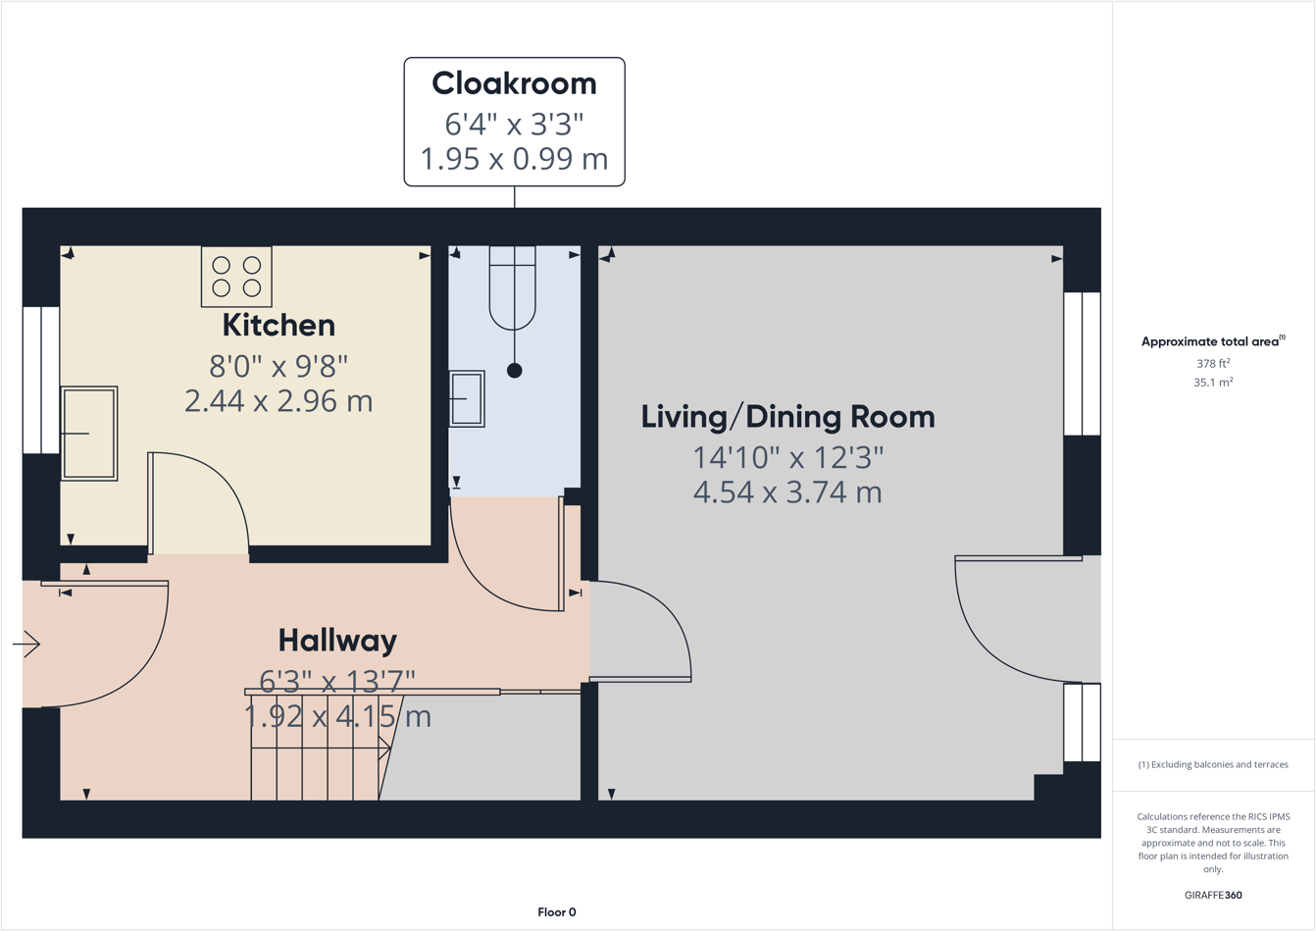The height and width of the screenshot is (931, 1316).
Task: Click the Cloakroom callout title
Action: (514, 84)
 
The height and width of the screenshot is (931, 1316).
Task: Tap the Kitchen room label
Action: (278, 325)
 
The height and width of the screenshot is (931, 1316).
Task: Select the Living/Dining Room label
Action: (787, 417)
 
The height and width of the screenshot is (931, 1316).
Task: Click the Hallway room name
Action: (337, 641)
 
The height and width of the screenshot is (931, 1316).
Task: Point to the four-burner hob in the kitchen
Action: (236, 277)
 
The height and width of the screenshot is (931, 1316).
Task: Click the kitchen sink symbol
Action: (89, 433)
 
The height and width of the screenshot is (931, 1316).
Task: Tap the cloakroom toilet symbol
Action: (513, 289)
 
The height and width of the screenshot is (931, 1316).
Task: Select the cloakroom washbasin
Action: (467, 398)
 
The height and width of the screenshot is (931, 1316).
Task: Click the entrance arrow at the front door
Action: (26, 645)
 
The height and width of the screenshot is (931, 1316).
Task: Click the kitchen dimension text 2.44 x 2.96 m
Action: (278, 401)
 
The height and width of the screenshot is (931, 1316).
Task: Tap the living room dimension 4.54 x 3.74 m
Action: (787, 492)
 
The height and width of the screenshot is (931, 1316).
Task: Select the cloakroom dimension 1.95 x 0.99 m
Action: (514, 159)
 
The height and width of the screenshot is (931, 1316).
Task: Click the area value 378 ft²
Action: (1213, 363)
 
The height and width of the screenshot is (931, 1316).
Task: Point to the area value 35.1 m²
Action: (1213, 383)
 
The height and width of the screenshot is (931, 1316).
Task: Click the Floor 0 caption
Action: (557, 912)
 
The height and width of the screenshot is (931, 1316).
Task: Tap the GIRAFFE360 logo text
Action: (1213, 895)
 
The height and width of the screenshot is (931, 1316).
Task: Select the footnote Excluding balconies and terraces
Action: (1213, 764)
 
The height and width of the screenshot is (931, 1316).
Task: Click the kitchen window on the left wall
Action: (41, 380)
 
